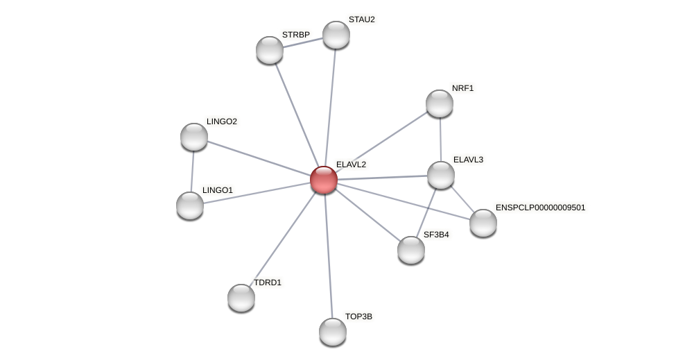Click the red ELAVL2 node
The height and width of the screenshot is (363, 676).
click(324, 180)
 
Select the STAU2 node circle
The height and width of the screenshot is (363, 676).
click(336, 35)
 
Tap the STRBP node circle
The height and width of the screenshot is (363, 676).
click(270, 50)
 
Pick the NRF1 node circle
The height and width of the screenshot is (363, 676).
click(440, 103)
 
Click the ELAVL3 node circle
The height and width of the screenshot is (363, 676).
click(441, 175)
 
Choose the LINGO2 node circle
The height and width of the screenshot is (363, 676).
click(194, 137)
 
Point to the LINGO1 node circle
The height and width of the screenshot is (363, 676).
click(190, 205)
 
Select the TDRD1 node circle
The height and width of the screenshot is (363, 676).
click(241, 298)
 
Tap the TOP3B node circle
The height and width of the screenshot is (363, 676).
click(333, 332)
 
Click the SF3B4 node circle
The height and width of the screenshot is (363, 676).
click(411, 250)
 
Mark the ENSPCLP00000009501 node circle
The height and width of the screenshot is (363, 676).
click(483, 223)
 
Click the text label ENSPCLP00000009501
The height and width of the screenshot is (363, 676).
click(540, 208)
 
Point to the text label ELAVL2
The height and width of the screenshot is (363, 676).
click(351, 164)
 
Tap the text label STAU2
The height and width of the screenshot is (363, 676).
click(361, 19)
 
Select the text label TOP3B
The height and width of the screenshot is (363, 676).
click(358, 316)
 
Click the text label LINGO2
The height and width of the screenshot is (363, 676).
click(222, 121)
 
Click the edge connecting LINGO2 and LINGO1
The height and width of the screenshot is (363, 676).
click(192, 171)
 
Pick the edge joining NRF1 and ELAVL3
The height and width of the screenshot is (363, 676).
click(440, 139)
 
